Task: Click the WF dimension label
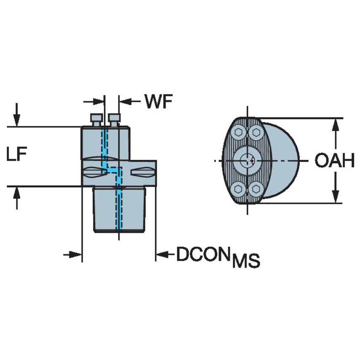coord(159,102)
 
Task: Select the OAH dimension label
coord(335,161)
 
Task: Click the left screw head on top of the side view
coord(97,117)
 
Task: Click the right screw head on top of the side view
coord(114,117)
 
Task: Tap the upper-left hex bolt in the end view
coord(239,132)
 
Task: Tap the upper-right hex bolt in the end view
coord(255,132)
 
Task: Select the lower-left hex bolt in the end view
coord(239,188)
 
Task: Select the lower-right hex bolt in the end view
coord(255,188)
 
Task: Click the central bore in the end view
coord(247,160)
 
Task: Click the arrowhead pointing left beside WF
coord(126,102)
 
